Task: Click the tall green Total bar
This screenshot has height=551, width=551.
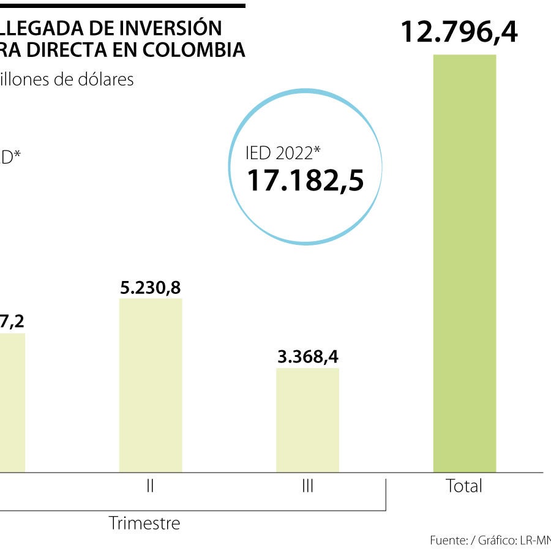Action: (464, 263)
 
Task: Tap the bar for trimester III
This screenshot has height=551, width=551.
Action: (307, 419)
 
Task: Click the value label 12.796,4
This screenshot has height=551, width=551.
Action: (459, 32)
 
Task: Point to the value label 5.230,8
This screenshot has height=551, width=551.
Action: (151, 288)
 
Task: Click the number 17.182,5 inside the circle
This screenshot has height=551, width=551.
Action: (305, 181)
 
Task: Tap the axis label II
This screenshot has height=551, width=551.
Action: (151, 486)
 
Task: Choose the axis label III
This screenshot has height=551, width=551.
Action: (307, 486)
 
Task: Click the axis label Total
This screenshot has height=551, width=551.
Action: (464, 486)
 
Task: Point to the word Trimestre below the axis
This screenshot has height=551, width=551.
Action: (144, 523)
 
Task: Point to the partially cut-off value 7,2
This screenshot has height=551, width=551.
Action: (10, 321)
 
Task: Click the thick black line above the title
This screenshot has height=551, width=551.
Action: (122, 6)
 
